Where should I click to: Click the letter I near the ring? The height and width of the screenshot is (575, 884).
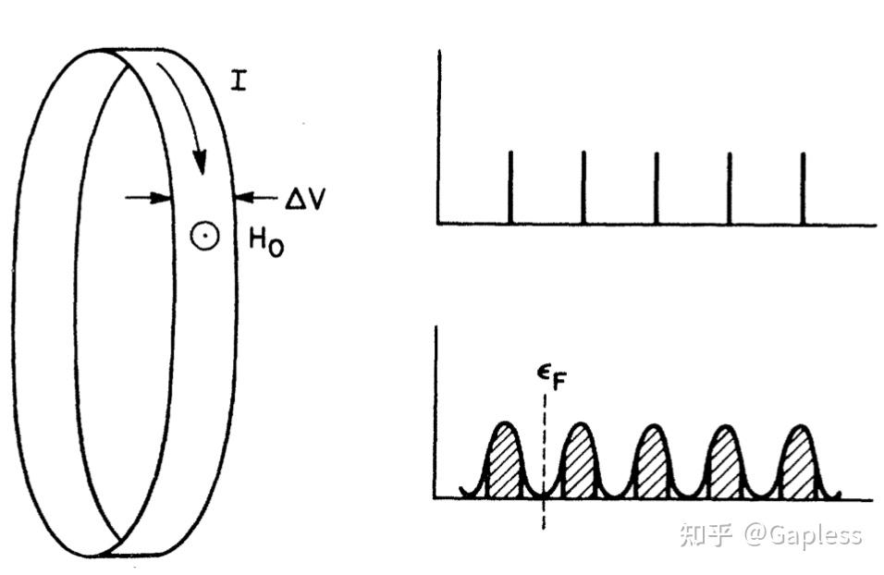coord(239,82)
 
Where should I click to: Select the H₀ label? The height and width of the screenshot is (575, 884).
coord(264,243)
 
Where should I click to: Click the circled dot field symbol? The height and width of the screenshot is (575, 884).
coord(204,236)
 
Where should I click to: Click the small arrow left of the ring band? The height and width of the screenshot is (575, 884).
coord(148,196)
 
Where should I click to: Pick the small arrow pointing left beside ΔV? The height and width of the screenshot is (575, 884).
coord(254,196)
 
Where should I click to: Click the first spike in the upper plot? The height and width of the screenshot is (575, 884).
coord(510,187)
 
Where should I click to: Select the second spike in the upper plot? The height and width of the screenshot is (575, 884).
coord(583,187)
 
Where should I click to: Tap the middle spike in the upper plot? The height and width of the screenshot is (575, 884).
coord(657,187)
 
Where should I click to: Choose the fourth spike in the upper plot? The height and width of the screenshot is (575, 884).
coord(730,187)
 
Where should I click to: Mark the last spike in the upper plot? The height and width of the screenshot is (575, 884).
coord(803,187)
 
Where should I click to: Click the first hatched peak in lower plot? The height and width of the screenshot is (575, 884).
coord(504,462)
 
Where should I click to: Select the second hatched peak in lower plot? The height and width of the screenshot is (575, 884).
coord(580,462)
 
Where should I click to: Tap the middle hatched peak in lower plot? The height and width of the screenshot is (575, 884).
coord(653,462)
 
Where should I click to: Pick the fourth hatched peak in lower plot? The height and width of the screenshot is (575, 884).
coord(726,462)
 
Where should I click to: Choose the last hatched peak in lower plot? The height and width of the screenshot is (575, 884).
coord(799,462)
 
